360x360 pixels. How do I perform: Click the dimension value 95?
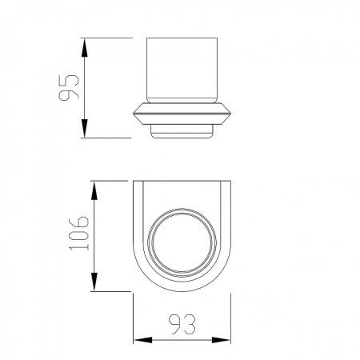tap(69, 88)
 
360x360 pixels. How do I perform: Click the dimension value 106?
tap(78, 234)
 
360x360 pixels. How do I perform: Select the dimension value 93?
tap(182, 324)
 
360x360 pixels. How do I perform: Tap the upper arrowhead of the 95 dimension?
tap(85, 47)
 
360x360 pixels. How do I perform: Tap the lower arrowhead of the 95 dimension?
tap(85, 128)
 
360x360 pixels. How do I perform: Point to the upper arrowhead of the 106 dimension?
tap(94, 190)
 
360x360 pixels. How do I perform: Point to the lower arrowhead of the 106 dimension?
tap(94, 282)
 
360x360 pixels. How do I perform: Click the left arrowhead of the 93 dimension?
tap(142, 340)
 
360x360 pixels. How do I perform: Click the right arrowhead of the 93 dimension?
tap(221, 340)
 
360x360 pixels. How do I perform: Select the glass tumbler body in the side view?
tap(182, 70)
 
